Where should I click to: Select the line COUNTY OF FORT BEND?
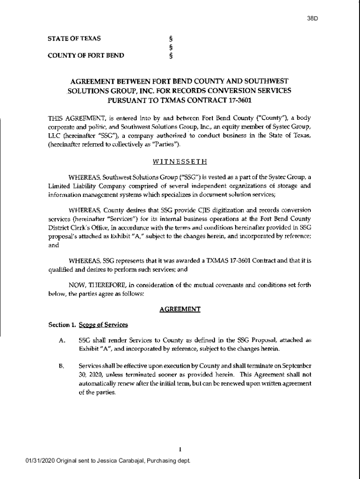pos(86,56)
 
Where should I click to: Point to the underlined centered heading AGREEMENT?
pos(180,309)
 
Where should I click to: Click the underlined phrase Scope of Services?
pos(104,325)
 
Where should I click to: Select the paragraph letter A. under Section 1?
pos(62,341)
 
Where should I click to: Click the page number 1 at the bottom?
pos(180,450)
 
